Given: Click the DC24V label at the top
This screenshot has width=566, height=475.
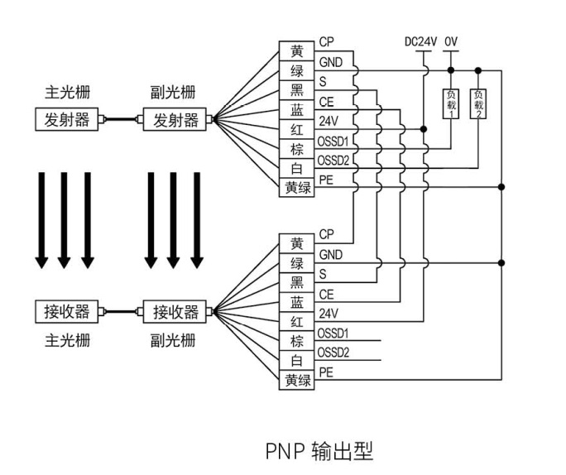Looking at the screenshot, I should pos(420,41).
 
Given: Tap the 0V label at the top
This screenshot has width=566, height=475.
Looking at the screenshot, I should pos(451,41).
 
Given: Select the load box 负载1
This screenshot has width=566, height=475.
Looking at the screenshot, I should pos(451,104).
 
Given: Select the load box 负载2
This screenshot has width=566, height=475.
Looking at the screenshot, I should pos(478,104).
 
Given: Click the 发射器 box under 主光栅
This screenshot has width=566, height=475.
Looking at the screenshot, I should pos(67,119).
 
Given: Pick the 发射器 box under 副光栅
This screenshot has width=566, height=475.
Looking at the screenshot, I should pos(176,119).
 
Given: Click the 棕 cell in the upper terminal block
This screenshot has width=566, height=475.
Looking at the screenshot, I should pos(297,149).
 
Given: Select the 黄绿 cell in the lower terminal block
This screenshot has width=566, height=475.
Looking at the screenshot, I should pos(297,380).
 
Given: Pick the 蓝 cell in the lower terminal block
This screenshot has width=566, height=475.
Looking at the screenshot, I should pos(297,302).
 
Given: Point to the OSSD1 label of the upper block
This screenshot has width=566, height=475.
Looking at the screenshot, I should pos(333,142).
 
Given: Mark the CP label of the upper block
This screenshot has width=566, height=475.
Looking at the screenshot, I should pos(327,42).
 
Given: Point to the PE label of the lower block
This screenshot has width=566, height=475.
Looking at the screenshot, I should pos(326,372).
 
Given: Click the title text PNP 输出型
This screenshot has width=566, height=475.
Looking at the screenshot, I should pos(319,451).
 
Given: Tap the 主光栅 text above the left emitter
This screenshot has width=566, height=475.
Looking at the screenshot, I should pos(67,89).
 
